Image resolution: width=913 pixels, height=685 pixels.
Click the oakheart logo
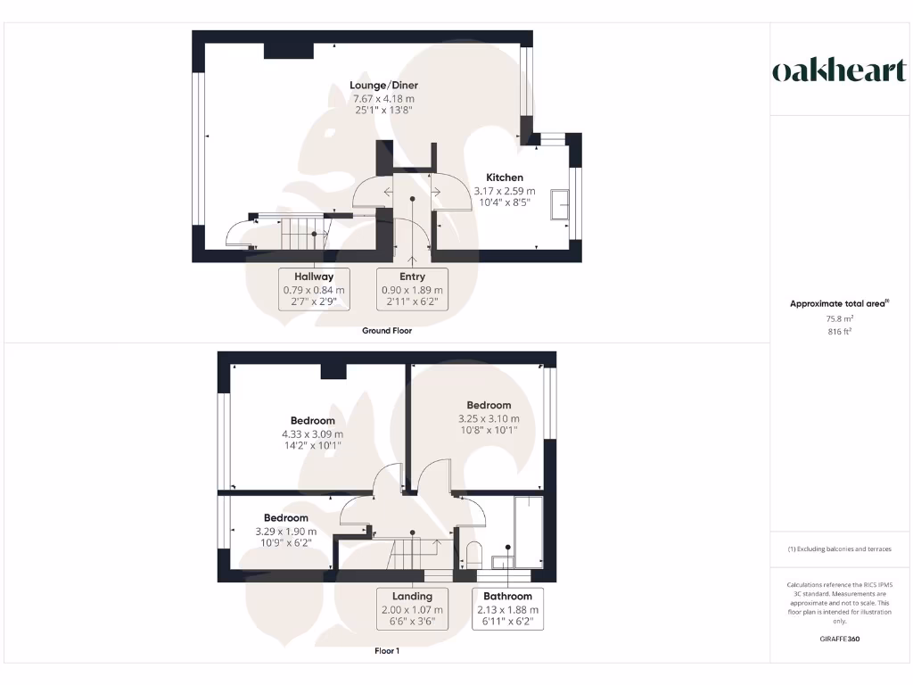click(x=838, y=71)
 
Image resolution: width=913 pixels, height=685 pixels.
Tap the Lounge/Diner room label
click(x=383, y=86)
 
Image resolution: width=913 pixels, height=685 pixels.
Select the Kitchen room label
click(x=505, y=177)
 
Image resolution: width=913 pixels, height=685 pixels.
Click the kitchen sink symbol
click(x=562, y=203)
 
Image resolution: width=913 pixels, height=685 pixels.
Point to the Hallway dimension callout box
click(x=314, y=290)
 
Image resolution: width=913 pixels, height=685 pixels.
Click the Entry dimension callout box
click(x=412, y=290)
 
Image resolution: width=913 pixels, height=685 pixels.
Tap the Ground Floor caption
click(x=387, y=331)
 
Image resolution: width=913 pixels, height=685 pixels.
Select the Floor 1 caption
click(x=387, y=651)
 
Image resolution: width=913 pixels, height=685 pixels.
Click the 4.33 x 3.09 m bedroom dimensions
click(x=312, y=433)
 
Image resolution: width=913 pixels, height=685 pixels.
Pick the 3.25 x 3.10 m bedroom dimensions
click(x=489, y=418)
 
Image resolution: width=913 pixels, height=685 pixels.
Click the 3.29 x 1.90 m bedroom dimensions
click(x=285, y=531)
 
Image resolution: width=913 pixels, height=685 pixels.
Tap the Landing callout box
click(x=412, y=609)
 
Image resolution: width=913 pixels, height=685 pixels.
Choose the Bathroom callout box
click(x=507, y=609)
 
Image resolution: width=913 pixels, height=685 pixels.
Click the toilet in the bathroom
click(x=473, y=553)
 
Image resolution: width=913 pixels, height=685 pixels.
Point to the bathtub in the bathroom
click(x=529, y=532)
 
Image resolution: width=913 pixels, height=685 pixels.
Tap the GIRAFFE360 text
click(x=839, y=639)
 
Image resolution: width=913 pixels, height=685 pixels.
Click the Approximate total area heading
click(x=839, y=303)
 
